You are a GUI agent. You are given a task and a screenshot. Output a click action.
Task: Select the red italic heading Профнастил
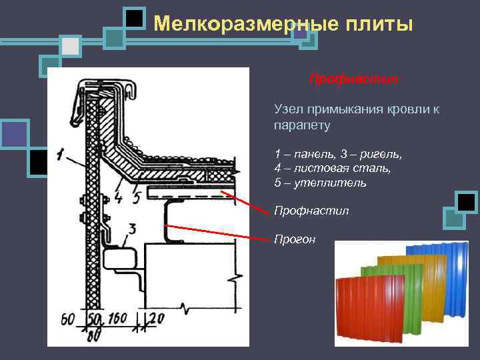(x=353, y=79)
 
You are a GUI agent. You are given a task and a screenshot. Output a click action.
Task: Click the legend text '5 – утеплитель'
(x=320, y=182)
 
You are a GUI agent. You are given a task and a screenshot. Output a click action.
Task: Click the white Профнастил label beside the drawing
(x=311, y=211)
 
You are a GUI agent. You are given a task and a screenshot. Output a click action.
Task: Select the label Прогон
(x=295, y=239)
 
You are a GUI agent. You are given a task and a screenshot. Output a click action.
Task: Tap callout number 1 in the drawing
(x=61, y=157)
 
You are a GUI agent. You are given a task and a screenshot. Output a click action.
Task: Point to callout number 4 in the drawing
(x=119, y=197)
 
